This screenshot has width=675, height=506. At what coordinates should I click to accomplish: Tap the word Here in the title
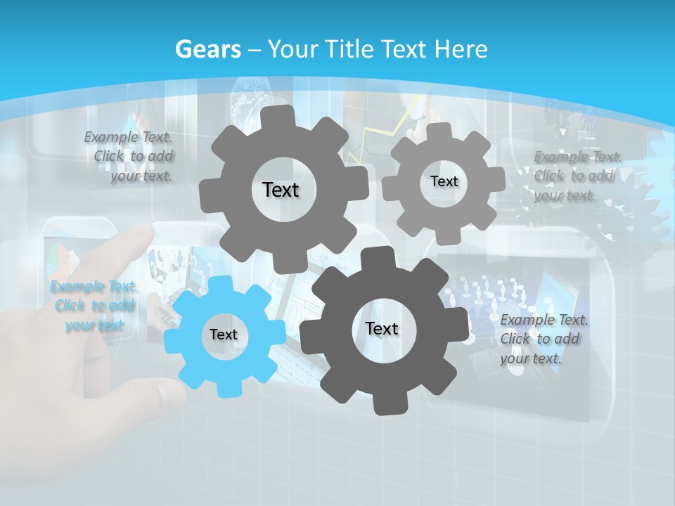[461, 49]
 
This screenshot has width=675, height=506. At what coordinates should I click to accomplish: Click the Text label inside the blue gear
[224, 335]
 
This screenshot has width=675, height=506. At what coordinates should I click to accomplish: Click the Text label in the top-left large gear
[281, 190]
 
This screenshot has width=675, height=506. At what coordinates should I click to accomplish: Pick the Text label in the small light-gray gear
[444, 181]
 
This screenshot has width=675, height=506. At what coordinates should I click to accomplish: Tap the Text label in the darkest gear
[382, 328]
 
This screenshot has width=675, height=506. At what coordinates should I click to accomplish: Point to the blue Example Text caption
[94, 306]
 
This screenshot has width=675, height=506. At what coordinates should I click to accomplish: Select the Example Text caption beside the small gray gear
[577, 176]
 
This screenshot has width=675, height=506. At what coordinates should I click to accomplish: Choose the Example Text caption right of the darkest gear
[543, 339]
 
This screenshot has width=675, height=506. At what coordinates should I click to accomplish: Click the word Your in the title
[290, 49]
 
